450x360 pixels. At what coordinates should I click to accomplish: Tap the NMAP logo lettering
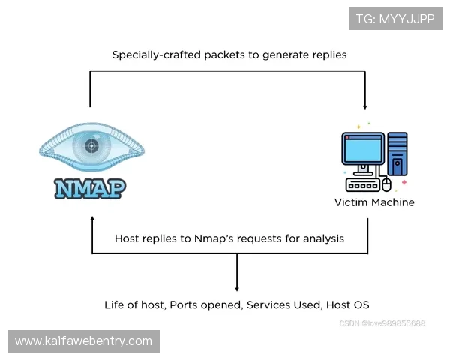[90, 187]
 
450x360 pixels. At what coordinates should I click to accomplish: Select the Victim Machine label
[374, 202]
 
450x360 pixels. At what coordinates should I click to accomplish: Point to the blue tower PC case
[397, 153]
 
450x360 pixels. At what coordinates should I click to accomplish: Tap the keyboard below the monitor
[361, 184]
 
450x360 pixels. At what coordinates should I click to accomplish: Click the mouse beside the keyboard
[387, 184]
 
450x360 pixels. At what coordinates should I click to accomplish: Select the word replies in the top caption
[327, 55]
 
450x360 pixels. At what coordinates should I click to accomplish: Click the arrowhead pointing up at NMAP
[91, 220]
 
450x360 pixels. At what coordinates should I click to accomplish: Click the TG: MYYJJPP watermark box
[395, 19]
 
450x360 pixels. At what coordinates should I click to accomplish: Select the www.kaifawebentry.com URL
[83, 341]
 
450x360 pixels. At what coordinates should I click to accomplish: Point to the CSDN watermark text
[382, 323]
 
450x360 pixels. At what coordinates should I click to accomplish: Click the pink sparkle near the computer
[404, 182]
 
